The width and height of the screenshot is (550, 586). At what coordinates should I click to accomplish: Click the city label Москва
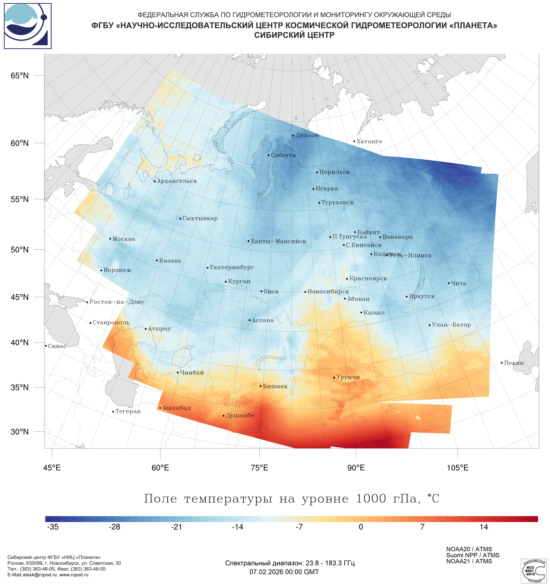coord(124,239)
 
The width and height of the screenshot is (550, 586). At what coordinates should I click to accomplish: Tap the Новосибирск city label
coord(328,292)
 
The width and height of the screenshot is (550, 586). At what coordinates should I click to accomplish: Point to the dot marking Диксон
coord(293,136)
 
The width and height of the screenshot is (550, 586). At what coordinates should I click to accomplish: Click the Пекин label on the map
coord(514,363)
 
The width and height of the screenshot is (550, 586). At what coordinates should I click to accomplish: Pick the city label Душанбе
coord(240,416)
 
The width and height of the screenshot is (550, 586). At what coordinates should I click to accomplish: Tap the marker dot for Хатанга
coord(354,141)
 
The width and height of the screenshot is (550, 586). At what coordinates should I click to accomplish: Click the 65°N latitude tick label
coord(20,76)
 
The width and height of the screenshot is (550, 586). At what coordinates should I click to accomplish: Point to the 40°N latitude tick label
coord(20,343)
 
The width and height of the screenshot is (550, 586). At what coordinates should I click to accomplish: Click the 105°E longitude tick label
coord(457,468)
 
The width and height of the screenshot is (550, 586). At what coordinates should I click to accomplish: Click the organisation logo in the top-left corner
coord(28,26)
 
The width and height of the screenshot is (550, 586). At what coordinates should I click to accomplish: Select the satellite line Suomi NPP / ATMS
coord(473,555)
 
